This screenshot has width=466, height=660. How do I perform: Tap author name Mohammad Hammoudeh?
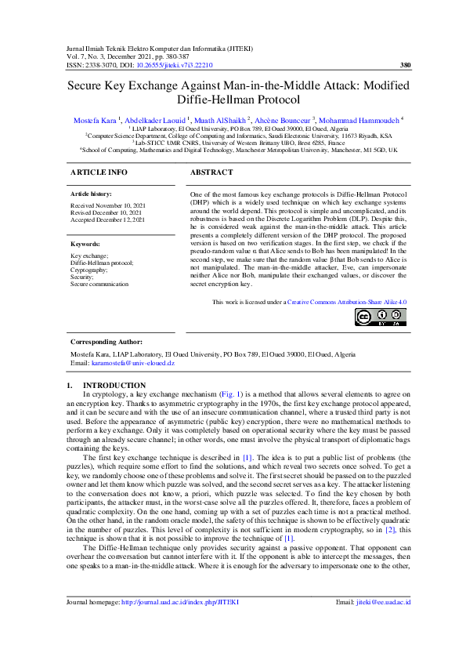tap(363, 119)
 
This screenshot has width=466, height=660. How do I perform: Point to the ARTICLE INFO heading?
tap(99, 172)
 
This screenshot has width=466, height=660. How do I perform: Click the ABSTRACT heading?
tap(212, 172)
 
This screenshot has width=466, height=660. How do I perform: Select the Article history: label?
tap(91, 193)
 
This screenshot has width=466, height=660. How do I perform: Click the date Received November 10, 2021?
tap(107, 205)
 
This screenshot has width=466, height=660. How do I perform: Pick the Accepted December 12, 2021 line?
tap(108, 220)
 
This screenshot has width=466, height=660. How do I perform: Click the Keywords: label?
tap(85, 244)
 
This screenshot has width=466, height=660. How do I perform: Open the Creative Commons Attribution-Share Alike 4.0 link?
tap(336, 301)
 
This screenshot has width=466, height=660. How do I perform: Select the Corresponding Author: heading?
tap(107, 342)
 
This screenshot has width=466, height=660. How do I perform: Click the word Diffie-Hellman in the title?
tap(199, 100)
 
